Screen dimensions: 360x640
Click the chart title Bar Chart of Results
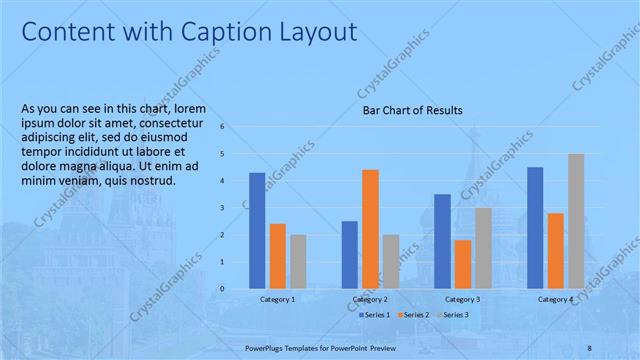[x=412, y=110]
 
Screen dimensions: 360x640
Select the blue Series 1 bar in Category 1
[x=257, y=230]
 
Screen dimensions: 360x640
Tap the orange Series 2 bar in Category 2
[x=370, y=228]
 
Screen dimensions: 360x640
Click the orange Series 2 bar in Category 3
[x=462, y=263]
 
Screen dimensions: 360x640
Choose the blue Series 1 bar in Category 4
[x=535, y=227]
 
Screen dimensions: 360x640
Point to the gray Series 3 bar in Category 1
[x=298, y=261]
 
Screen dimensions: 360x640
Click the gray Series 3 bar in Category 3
[x=483, y=247]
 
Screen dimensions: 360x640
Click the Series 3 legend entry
[x=455, y=315]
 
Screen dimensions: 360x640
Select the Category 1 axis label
[x=277, y=299]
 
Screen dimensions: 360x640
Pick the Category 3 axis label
[x=462, y=299]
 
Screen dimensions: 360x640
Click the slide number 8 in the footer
[x=589, y=347]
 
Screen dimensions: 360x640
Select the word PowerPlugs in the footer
[x=265, y=347]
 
